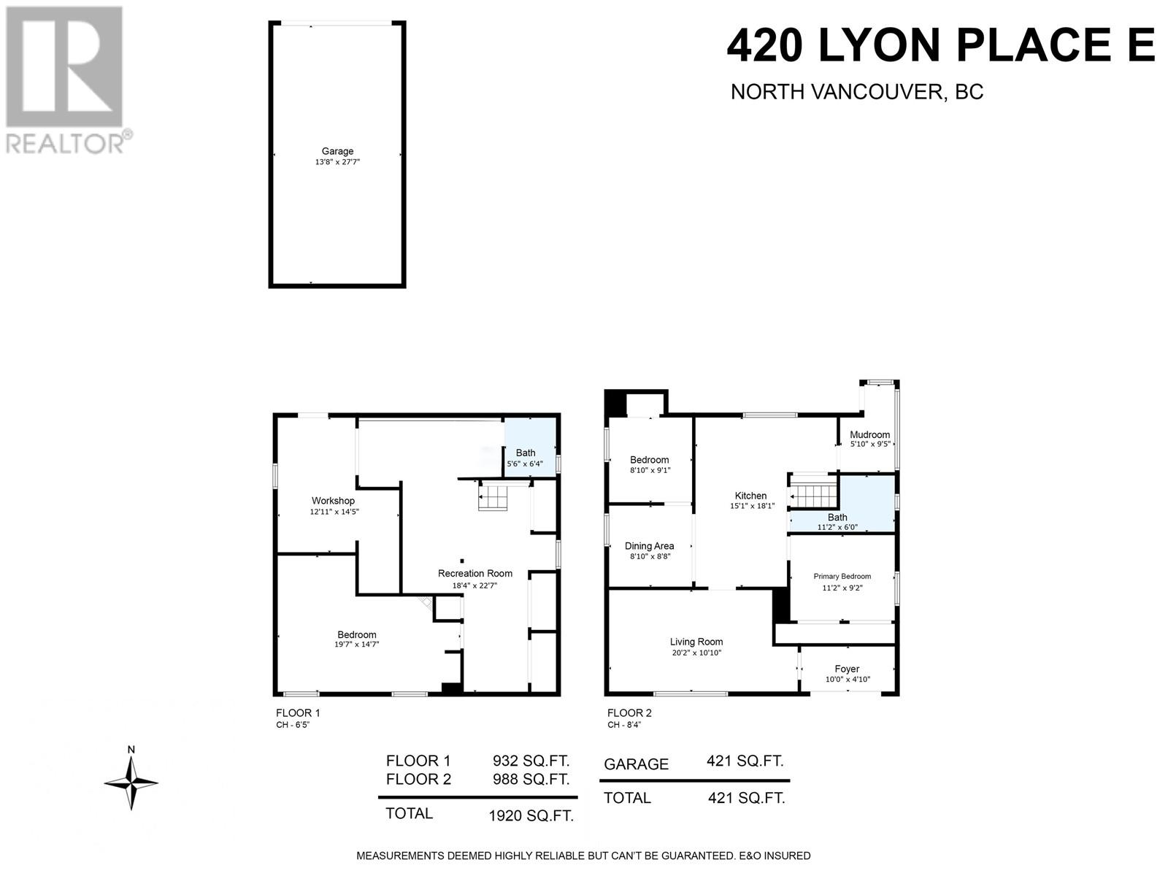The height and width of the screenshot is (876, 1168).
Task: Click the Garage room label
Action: click(x=337, y=151)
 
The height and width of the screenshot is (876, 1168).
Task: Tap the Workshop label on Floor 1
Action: click(x=333, y=501)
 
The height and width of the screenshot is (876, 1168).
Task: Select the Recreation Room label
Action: click(x=475, y=573)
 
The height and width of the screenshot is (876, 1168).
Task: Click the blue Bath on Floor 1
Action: click(x=526, y=453)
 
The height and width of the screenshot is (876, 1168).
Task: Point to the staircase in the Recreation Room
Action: click(x=493, y=499)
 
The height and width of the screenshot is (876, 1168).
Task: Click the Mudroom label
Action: click(x=869, y=434)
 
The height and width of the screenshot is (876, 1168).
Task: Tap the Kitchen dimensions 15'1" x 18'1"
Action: click(x=752, y=506)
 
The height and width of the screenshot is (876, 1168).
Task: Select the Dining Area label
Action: click(x=649, y=546)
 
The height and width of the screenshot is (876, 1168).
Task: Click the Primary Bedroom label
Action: click(x=842, y=576)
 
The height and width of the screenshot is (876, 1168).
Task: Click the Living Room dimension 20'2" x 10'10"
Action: click(x=696, y=653)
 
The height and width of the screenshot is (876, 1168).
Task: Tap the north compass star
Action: click(x=131, y=783)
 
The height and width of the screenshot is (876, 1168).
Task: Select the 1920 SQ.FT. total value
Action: click(x=531, y=816)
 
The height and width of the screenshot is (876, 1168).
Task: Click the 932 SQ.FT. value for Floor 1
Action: click(x=531, y=761)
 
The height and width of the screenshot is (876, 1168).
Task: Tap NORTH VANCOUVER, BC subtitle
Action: click(x=856, y=92)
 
